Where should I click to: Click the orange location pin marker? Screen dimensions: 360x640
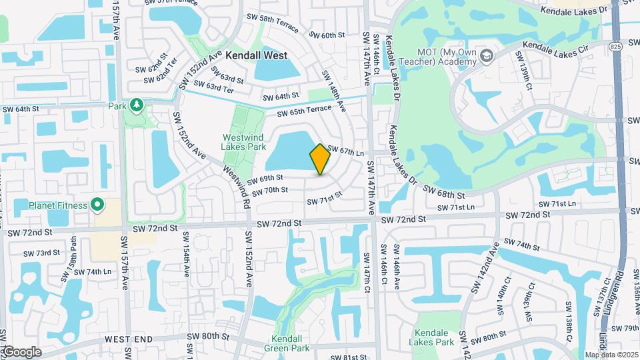click(320, 159)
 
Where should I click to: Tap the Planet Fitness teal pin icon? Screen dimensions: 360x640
click(97, 205)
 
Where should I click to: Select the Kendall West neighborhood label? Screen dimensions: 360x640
click(257, 56)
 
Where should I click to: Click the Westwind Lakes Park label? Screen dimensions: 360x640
click(243, 143)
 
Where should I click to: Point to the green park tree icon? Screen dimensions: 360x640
click(136, 105)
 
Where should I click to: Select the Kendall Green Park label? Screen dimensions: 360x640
click(292, 343)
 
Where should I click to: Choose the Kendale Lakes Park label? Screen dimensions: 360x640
click(434, 337)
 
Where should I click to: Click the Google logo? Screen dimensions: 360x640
click(21, 352)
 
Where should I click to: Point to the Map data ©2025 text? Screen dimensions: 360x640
click(612, 355)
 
